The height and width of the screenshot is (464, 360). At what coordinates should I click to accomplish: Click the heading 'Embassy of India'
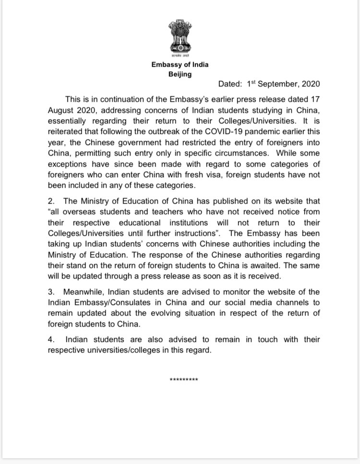(x=180, y=64)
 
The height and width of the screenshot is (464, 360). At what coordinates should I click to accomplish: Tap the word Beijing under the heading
(x=180, y=74)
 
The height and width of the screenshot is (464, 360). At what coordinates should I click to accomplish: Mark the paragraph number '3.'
(x=52, y=293)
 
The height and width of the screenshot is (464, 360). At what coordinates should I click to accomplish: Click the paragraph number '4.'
(x=52, y=340)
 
